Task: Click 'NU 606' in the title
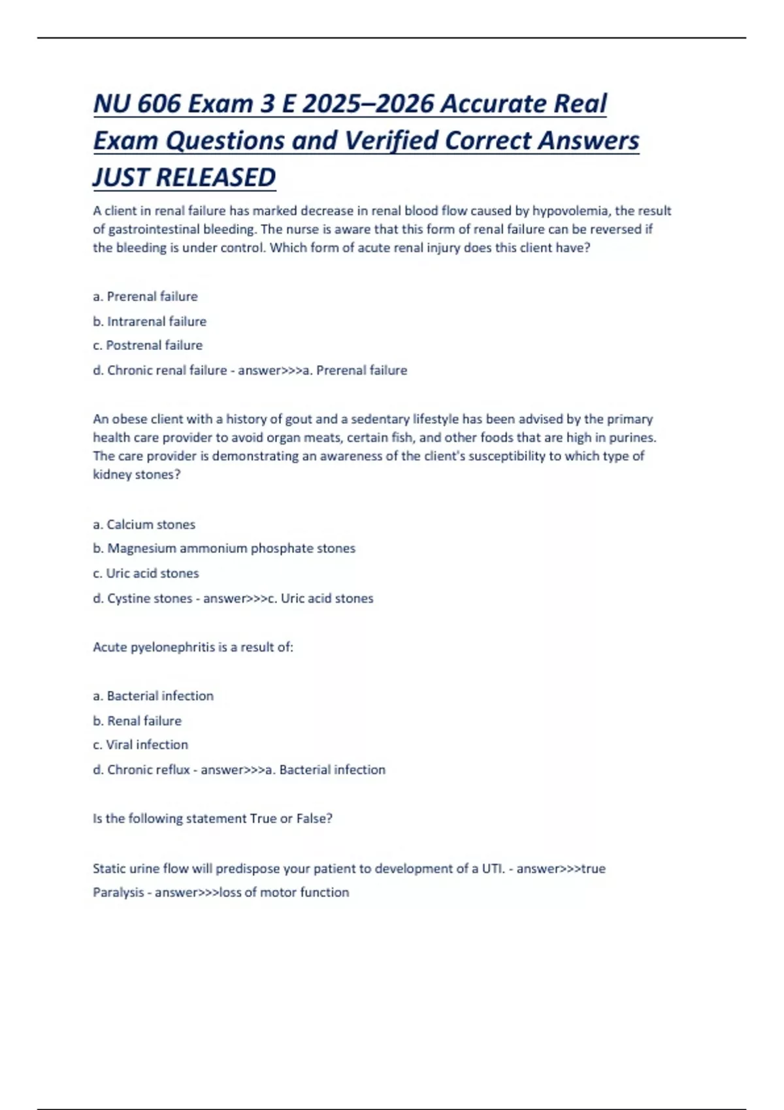pos(137,104)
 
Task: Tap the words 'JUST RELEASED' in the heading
pos(184,178)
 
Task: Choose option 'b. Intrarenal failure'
pos(150,321)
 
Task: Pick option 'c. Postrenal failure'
pos(148,345)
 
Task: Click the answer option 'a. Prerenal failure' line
pos(145,296)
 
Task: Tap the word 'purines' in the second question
pos(631,437)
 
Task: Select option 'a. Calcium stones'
pos(144,524)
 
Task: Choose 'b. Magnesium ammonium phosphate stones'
pos(224,548)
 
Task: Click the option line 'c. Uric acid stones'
pos(146,573)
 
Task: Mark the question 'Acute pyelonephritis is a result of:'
pos(193,647)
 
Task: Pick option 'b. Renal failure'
pos(137,721)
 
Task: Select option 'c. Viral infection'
pos(140,745)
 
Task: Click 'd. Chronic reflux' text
pos(141,770)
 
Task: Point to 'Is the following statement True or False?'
pos(212,819)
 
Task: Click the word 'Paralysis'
pos(118,893)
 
